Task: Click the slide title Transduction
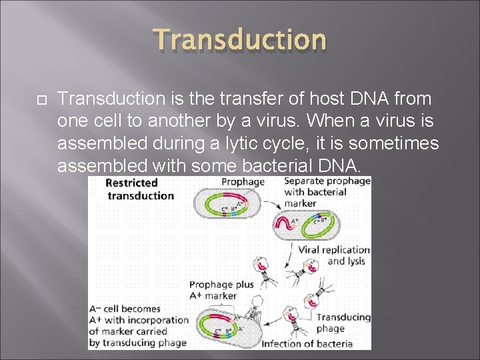click(x=240, y=40)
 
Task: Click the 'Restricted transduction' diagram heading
click(x=140, y=189)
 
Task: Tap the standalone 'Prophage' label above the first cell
click(x=243, y=181)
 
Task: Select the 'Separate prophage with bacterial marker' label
click(x=327, y=192)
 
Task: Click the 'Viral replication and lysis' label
click(x=333, y=255)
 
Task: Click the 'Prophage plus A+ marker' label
click(x=221, y=290)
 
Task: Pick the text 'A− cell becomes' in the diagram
click(x=125, y=309)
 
